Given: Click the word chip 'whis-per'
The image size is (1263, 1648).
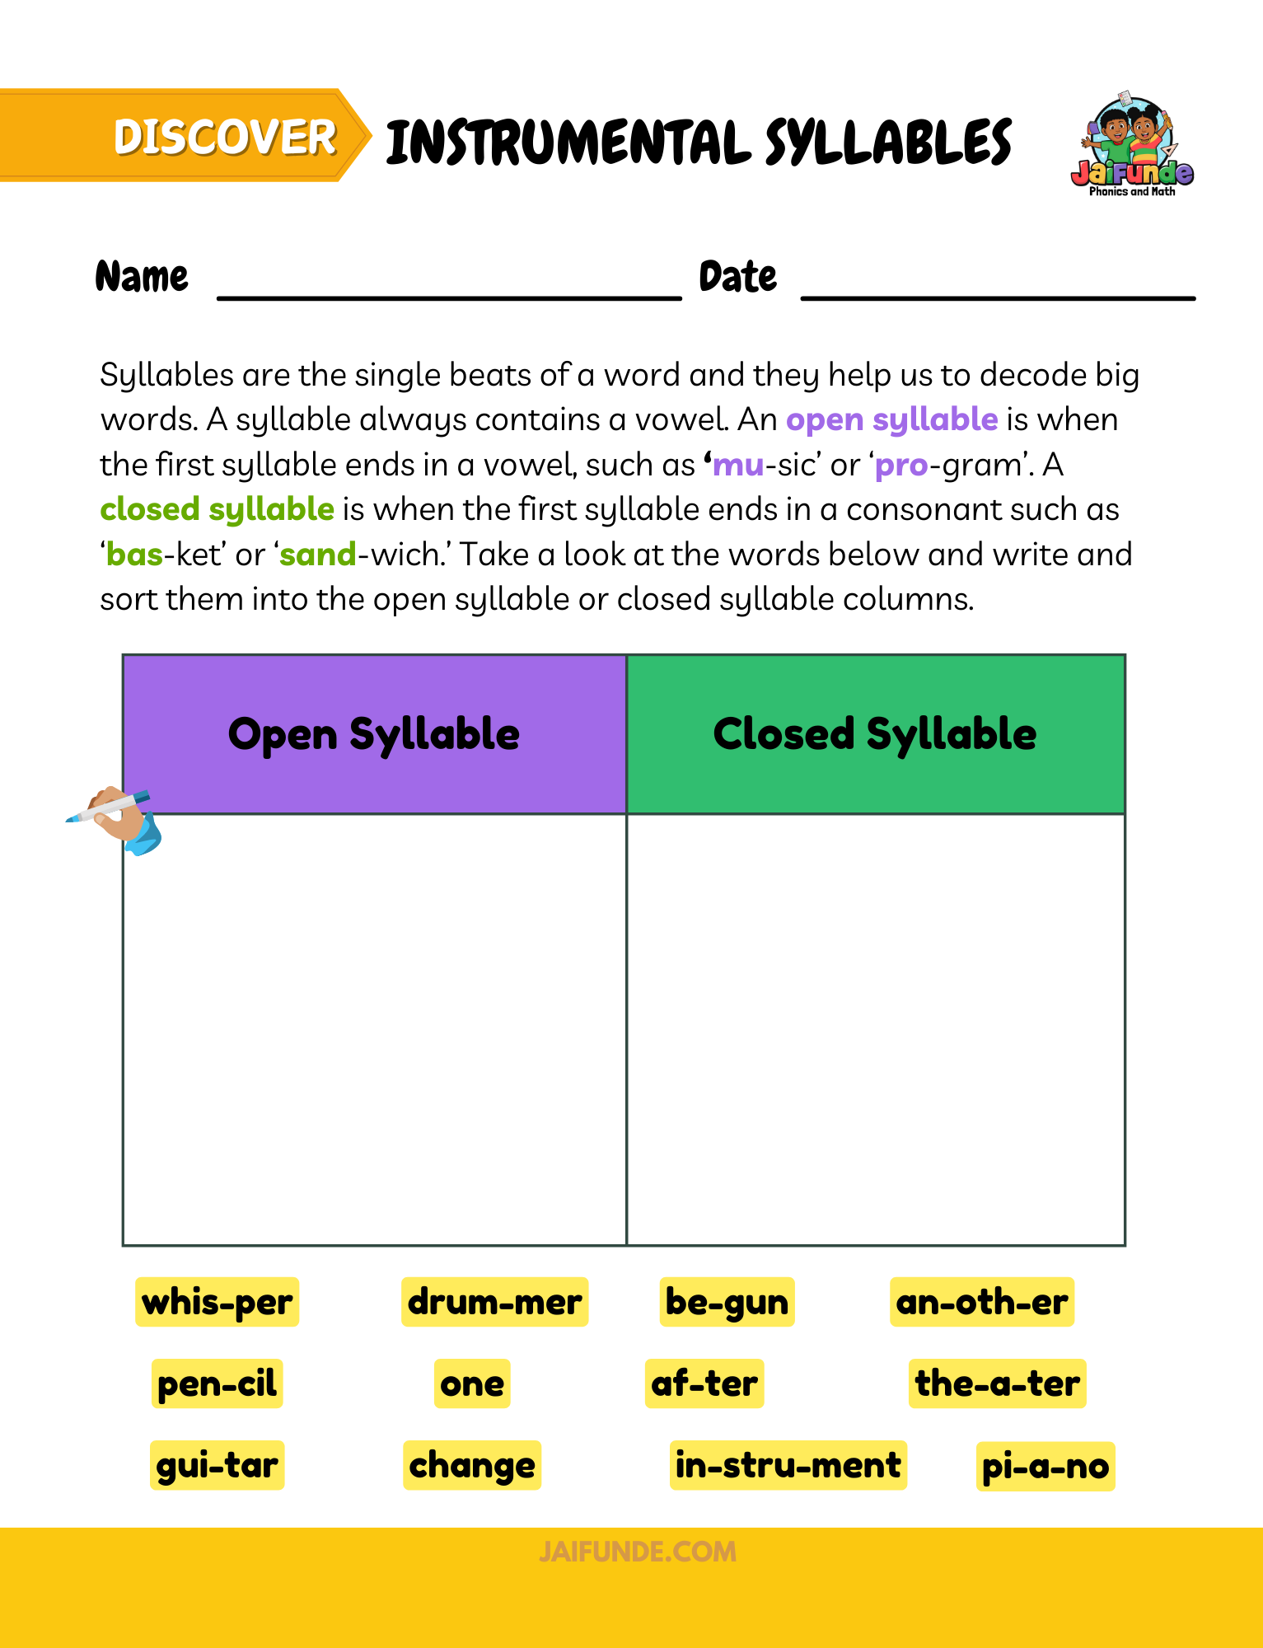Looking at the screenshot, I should click(217, 1302).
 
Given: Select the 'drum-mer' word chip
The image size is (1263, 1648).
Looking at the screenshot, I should click(494, 1302).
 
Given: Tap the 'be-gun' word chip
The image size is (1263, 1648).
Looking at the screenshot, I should click(727, 1302).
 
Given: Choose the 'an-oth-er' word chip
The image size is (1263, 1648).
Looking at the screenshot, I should click(981, 1302).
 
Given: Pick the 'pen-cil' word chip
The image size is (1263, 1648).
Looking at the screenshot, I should click(217, 1383).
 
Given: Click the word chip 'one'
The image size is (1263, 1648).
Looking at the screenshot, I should click(472, 1383).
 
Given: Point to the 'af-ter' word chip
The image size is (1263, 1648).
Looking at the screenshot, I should click(704, 1383).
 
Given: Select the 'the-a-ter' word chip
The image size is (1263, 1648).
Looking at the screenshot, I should click(997, 1383).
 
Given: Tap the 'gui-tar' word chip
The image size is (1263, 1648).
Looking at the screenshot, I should click(217, 1465).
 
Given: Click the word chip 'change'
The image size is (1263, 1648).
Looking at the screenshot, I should click(472, 1465).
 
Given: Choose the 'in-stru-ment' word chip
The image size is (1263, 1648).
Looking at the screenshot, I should click(788, 1465).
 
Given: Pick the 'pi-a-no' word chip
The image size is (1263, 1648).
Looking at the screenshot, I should click(1045, 1466).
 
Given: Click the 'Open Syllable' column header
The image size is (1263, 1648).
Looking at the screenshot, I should click(374, 734).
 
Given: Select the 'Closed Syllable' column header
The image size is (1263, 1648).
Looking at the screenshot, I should click(875, 734).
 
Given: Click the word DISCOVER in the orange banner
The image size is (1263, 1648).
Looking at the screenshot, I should click(225, 137).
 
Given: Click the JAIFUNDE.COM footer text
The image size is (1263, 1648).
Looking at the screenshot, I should click(638, 1552).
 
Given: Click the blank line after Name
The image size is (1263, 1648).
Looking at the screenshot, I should click(449, 294).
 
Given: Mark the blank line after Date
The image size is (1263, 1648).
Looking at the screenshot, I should click(998, 294).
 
